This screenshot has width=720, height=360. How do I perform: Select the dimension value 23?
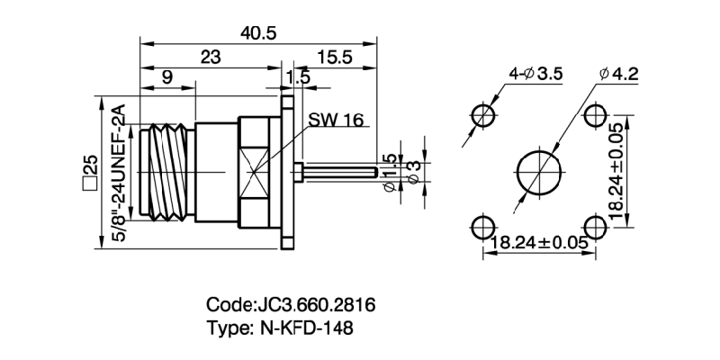[x=210, y=57]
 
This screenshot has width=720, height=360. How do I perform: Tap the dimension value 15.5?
[x=333, y=57]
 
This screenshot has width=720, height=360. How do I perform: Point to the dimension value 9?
[x=166, y=78]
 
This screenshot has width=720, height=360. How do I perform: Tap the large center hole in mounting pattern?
[x=538, y=171]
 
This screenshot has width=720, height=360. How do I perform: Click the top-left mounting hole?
[x=483, y=115]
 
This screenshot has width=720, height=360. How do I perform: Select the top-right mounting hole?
[x=594, y=115]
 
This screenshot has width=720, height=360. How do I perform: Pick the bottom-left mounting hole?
[x=483, y=226]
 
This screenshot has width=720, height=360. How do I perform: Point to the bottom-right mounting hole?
[x=594, y=226]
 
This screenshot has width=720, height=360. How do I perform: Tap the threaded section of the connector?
[x=166, y=171]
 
